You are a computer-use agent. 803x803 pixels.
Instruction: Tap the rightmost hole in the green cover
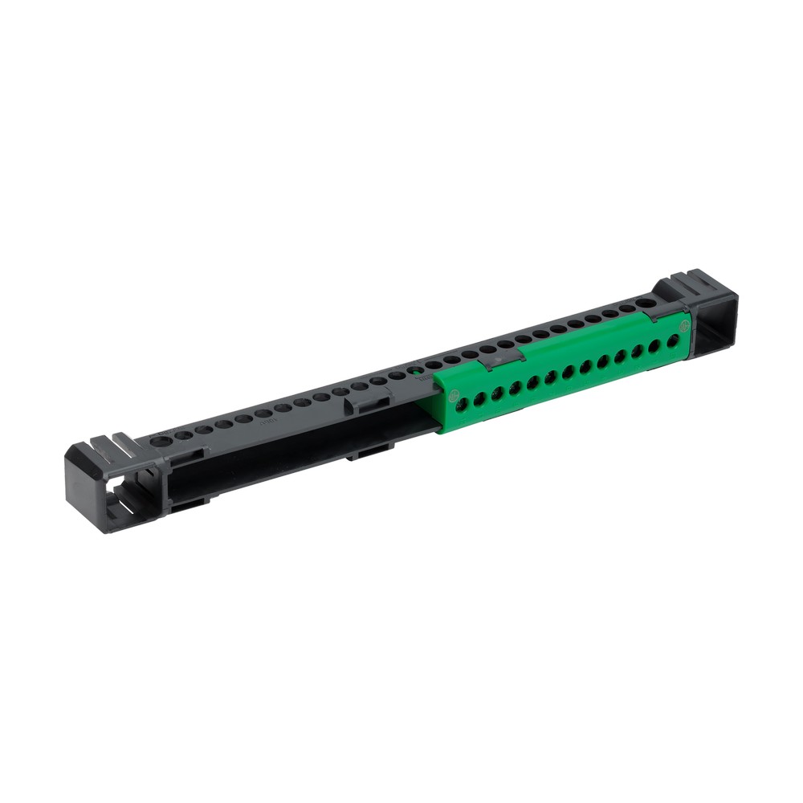coord(673,340)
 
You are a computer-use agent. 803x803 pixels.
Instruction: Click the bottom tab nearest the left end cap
coord(190,503)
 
